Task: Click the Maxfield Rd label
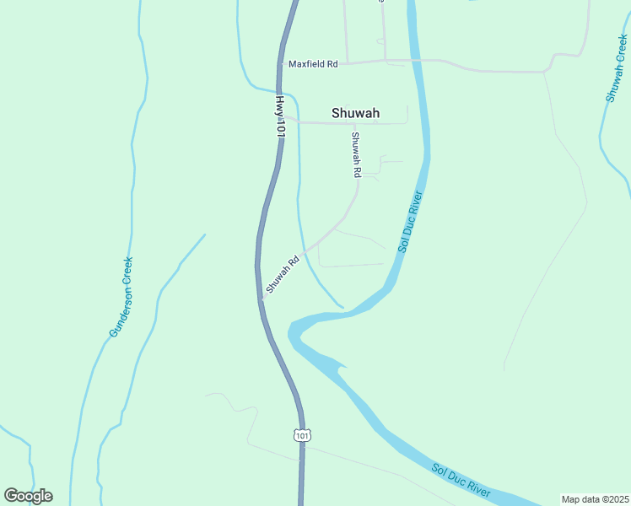(x=312, y=64)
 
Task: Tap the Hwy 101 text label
(x=280, y=116)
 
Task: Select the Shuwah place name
(x=355, y=113)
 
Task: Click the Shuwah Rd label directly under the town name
(x=356, y=154)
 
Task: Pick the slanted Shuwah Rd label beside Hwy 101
(x=283, y=275)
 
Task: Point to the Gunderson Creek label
(x=121, y=298)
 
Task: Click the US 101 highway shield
(x=302, y=434)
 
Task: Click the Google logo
(x=28, y=496)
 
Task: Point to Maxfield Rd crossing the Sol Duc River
(x=415, y=61)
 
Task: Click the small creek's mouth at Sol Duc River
(x=342, y=307)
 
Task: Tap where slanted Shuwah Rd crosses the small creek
(x=305, y=250)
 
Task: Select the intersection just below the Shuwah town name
(x=353, y=123)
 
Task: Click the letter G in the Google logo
(x=11, y=496)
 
